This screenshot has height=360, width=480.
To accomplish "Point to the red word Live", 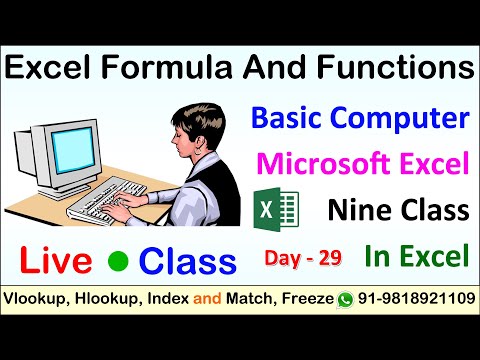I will coord(54,260).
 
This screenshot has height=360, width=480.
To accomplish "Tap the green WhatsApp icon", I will coord(346,299).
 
